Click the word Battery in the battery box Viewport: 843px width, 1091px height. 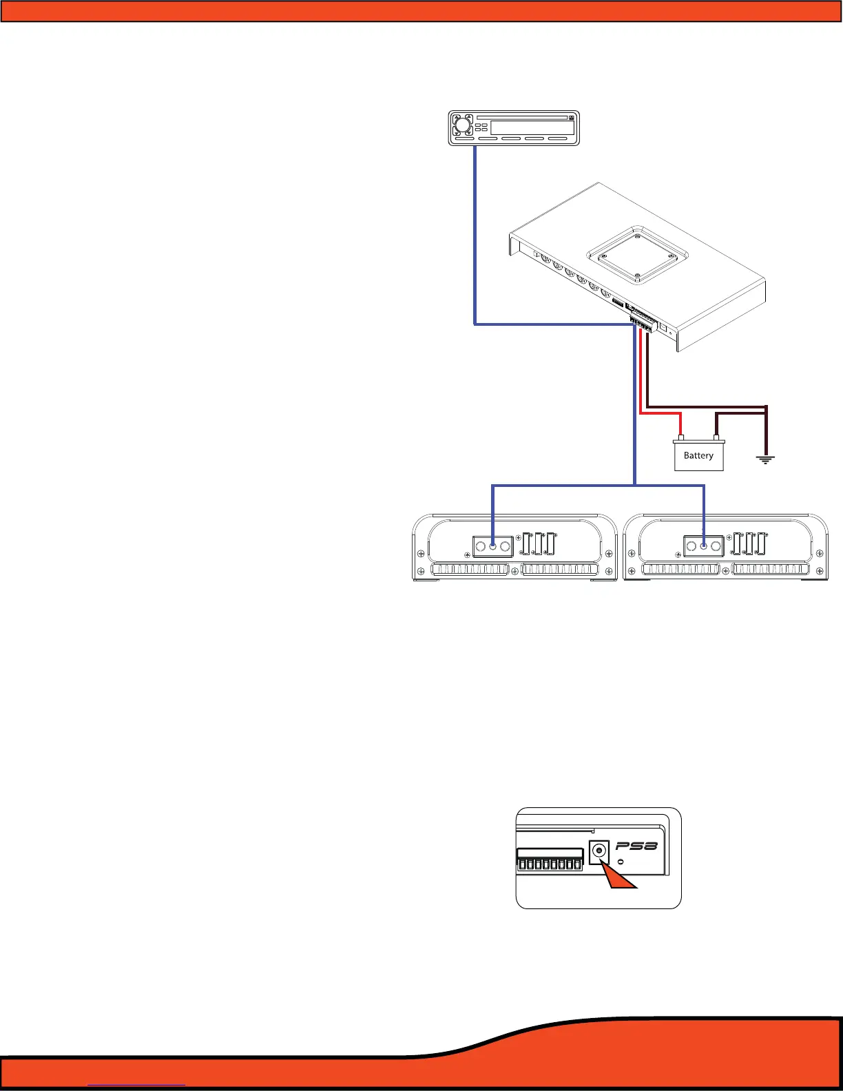698,455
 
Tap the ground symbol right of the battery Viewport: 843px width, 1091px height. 766,459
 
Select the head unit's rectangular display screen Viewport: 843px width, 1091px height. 532,127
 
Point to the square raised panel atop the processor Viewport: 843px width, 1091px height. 636,254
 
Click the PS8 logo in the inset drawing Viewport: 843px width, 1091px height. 637,845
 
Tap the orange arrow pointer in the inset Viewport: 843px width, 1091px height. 621,877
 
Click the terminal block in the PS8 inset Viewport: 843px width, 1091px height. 550,861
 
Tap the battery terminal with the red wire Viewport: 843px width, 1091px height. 680,437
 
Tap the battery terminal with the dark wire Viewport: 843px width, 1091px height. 716,437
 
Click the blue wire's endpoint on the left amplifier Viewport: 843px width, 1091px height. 492,546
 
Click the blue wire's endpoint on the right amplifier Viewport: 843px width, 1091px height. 703,546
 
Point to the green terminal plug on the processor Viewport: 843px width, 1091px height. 641,324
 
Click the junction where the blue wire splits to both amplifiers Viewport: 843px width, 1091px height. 634,485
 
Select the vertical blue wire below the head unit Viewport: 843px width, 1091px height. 475,234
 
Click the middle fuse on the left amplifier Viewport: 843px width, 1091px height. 538,544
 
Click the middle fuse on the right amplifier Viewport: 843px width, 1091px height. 749,544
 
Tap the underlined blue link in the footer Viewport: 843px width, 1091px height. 137,1085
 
